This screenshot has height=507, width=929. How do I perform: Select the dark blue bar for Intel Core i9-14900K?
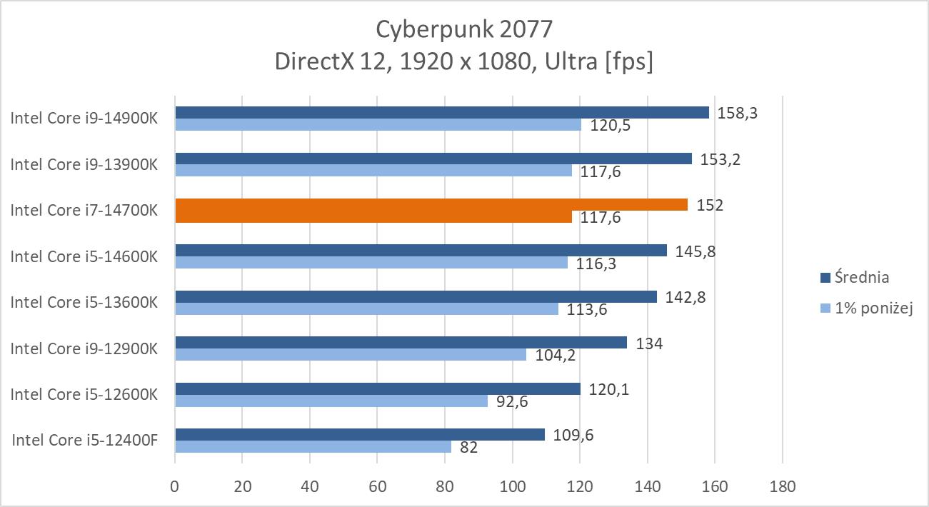point(441,113)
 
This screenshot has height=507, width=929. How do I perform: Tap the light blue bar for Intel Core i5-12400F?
point(313,446)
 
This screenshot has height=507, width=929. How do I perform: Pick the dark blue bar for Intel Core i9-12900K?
point(401,342)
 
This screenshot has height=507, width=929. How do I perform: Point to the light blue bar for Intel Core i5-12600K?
point(331,401)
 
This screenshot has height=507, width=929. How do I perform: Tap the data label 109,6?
point(573,434)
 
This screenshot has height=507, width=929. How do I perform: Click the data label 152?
point(709,206)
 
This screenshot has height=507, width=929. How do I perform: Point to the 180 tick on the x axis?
point(783,487)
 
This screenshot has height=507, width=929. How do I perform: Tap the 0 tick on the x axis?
point(175,487)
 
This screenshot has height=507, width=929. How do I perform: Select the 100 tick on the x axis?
point(513,487)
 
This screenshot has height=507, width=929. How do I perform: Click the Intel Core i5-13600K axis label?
point(84,303)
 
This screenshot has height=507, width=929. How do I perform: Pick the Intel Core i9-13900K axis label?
point(84,164)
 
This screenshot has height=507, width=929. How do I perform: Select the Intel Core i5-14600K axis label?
point(84,256)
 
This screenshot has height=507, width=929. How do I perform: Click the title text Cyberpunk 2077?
point(464,30)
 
